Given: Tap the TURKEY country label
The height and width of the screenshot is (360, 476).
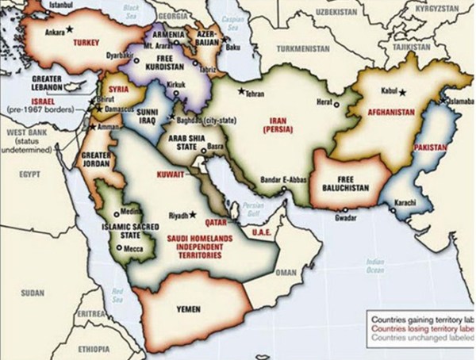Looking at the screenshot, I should (x=85, y=45).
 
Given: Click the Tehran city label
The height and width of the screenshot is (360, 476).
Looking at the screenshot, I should (x=253, y=93).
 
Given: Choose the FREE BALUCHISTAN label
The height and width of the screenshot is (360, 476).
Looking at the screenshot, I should (x=344, y=182).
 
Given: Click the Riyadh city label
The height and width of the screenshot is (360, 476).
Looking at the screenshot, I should (x=179, y=215).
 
